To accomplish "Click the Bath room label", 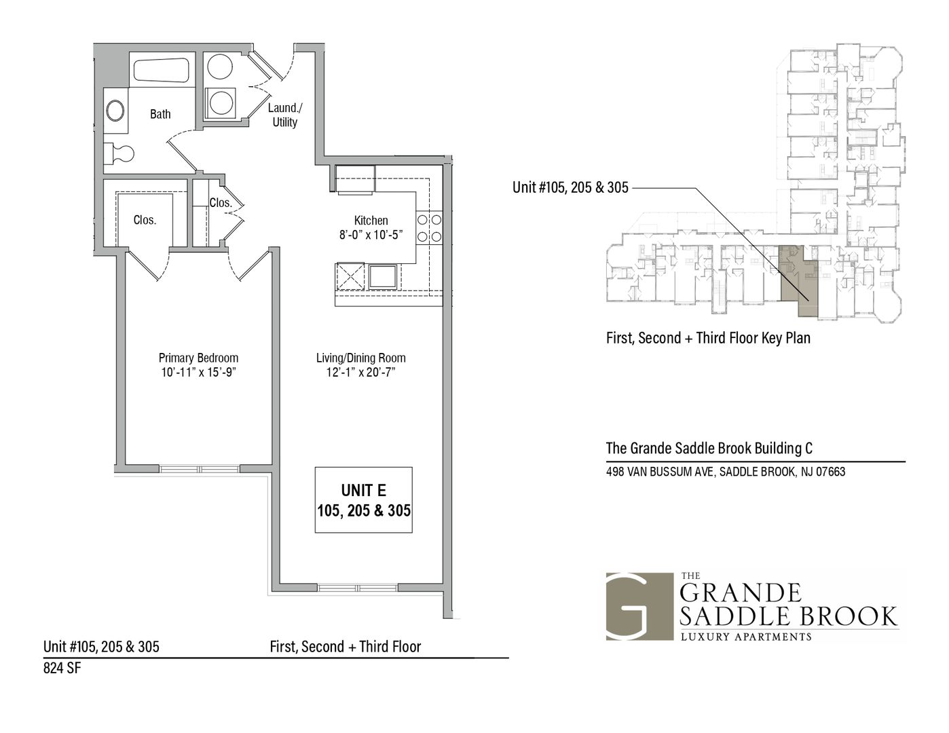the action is click(160, 115).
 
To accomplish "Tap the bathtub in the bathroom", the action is click(161, 70).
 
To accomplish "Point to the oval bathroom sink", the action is click(115, 111).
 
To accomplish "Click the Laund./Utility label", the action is click(285, 115).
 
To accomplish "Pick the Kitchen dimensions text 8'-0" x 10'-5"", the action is click(371, 235).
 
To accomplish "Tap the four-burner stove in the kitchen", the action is click(429, 228).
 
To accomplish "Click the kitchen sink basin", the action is click(383, 277).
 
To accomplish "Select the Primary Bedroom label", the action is click(198, 358).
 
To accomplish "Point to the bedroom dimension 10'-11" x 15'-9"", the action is click(199, 373).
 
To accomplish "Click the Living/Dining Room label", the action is click(360, 358).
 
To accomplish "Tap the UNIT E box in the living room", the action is click(363, 500).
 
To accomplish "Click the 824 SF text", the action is click(62, 669).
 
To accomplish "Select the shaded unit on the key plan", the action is click(797, 280).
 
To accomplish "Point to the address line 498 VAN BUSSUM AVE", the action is click(726, 472).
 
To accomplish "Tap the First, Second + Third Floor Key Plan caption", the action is click(708, 338).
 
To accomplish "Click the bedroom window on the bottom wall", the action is click(200, 469).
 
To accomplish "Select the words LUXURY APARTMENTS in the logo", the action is click(746, 637).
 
